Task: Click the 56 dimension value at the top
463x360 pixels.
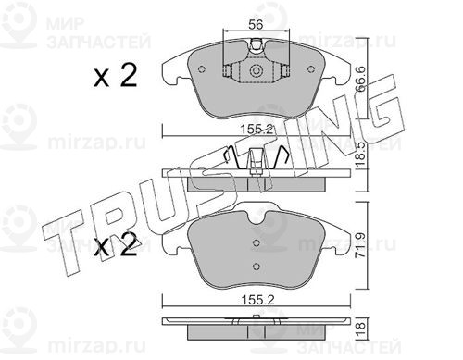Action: [x=256, y=25]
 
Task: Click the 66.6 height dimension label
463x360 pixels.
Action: [x=360, y=80]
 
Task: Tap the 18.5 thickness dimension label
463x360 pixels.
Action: [x=360, y=155]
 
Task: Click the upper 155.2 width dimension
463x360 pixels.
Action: [x=257, y=130]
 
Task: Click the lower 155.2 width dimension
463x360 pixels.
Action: [x=257, y=300]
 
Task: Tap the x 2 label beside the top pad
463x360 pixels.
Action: [x=116, y=76]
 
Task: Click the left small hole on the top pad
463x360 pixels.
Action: [x=202, y=69]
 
